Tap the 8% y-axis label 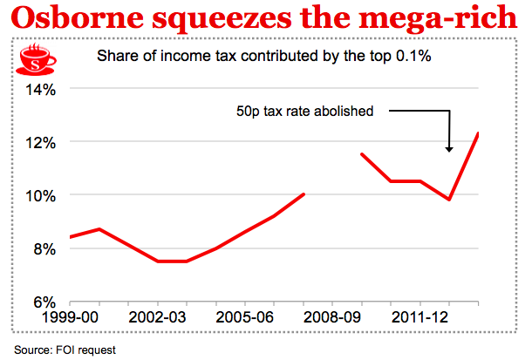point(44,249)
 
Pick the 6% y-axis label point(44,302)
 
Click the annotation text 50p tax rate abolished point(304,112)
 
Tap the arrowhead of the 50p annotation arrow point(449,148)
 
